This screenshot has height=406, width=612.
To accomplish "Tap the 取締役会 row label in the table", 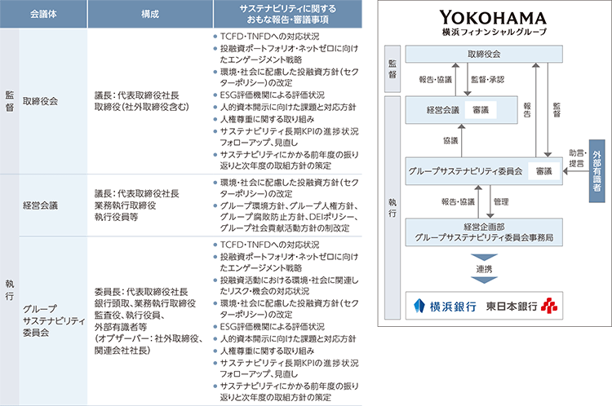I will pos(42,102).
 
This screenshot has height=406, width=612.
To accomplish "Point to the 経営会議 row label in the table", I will pos(42,205).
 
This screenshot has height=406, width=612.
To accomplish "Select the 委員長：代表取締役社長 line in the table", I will pos(141,292).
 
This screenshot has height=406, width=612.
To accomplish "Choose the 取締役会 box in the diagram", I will pos(485,55).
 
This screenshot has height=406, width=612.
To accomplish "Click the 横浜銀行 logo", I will pos(446,307).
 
